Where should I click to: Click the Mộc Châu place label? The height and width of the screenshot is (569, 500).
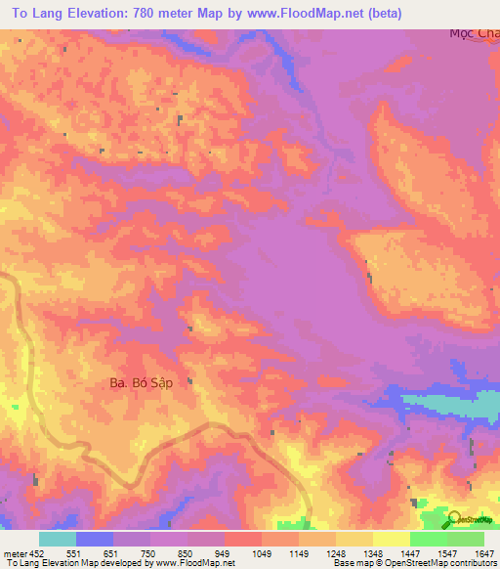pos(474,33)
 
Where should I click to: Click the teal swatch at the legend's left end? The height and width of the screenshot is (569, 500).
pos(57,539)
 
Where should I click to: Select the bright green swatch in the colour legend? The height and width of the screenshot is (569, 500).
pos(428,539)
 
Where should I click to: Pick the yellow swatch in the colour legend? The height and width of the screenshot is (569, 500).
pos(391,539)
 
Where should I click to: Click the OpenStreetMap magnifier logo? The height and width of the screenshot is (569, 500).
pos(454,517)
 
